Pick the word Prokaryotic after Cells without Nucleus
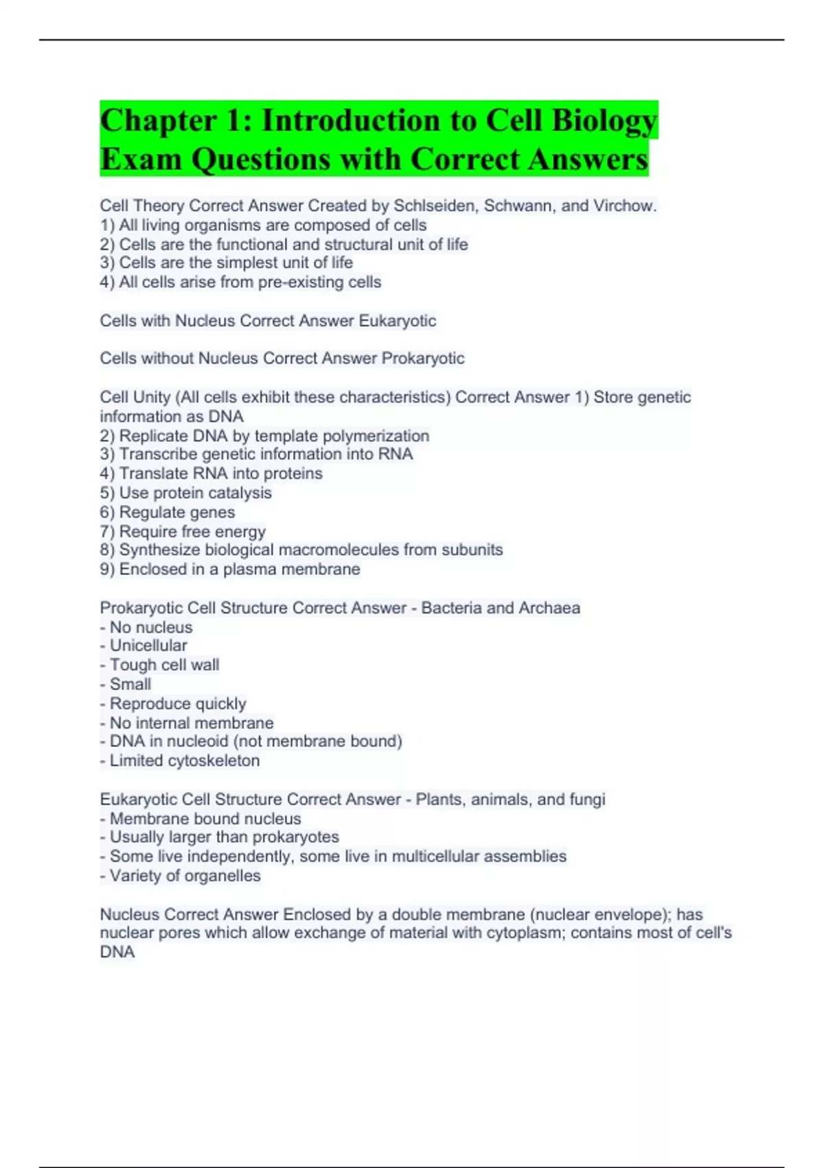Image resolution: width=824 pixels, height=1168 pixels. pyautogui.click(x=422, y=358)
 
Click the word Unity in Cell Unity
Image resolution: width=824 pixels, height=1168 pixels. pyautogui.click(x=152, y=397)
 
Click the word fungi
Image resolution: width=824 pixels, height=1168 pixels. pyautogui.click(x=588, y=799)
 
